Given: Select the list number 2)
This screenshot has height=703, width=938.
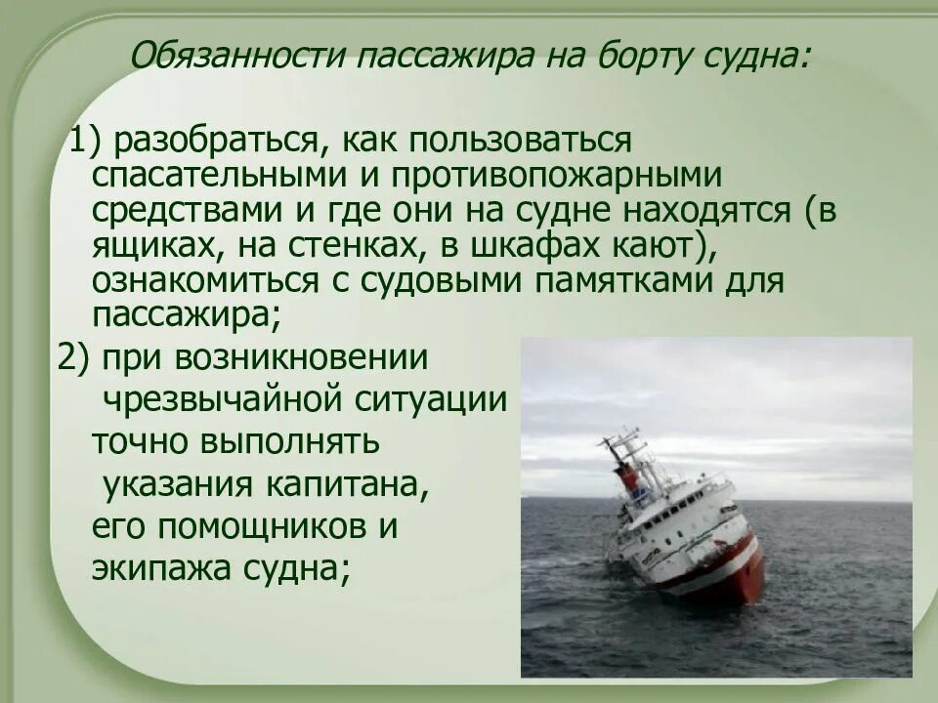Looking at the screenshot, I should point(74,357).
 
